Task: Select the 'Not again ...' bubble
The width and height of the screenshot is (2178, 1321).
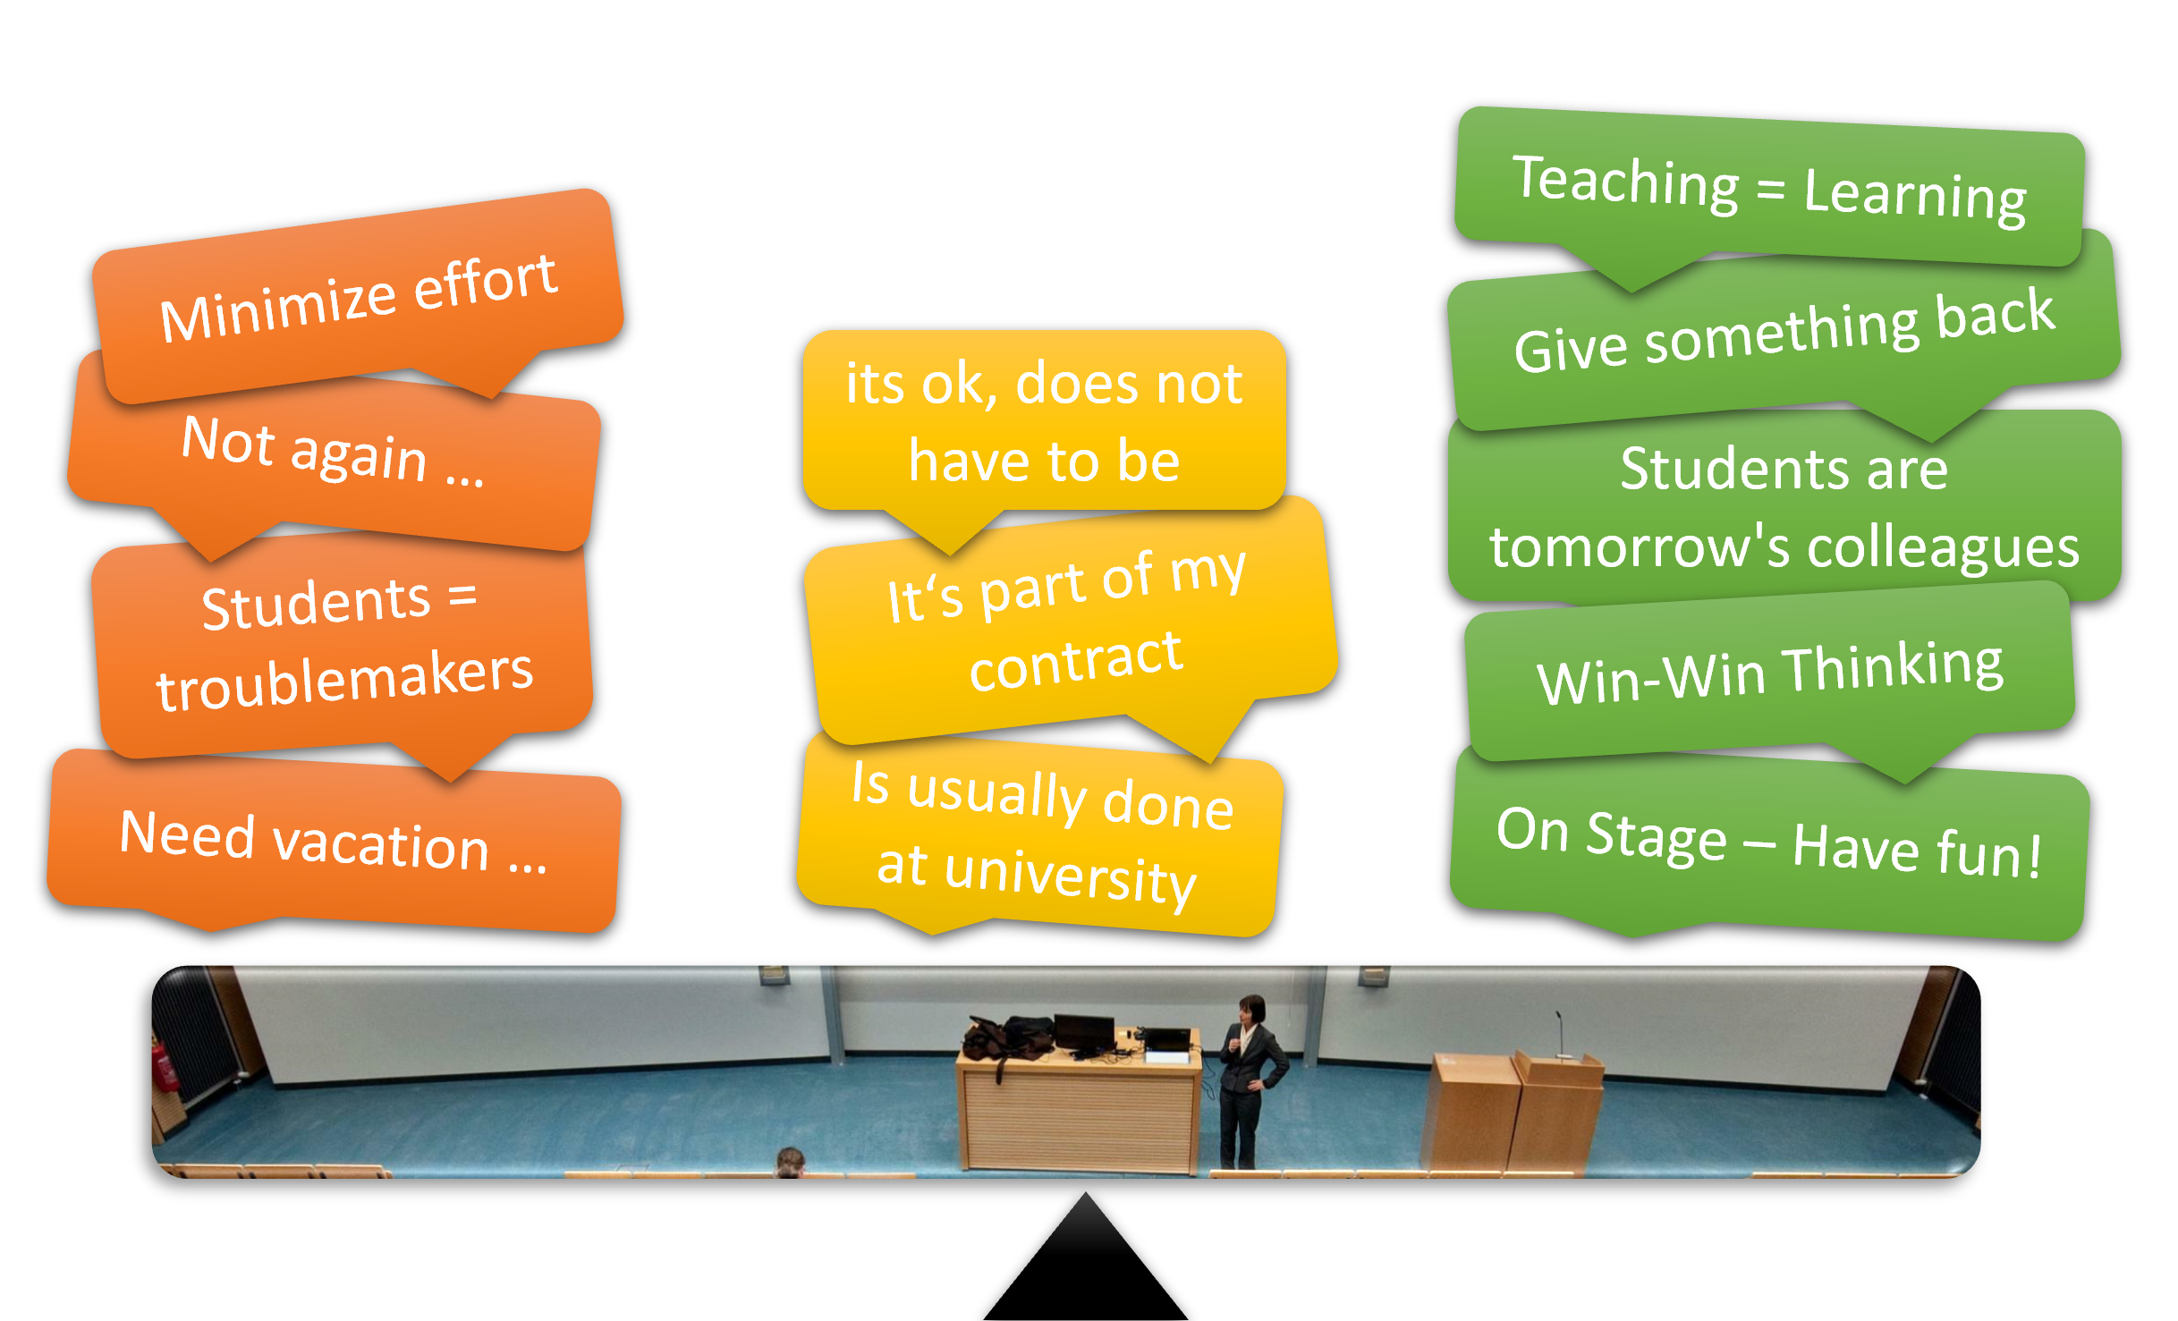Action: pyautogui.click(x=333, y=461)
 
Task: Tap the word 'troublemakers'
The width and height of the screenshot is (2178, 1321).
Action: pyautogui.click(x=344, y=680)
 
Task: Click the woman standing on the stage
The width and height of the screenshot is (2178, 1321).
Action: pyautogui.click(x=1250, y=1082)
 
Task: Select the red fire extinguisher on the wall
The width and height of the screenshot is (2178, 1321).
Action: pyautogui.click(x=165, y=1066)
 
